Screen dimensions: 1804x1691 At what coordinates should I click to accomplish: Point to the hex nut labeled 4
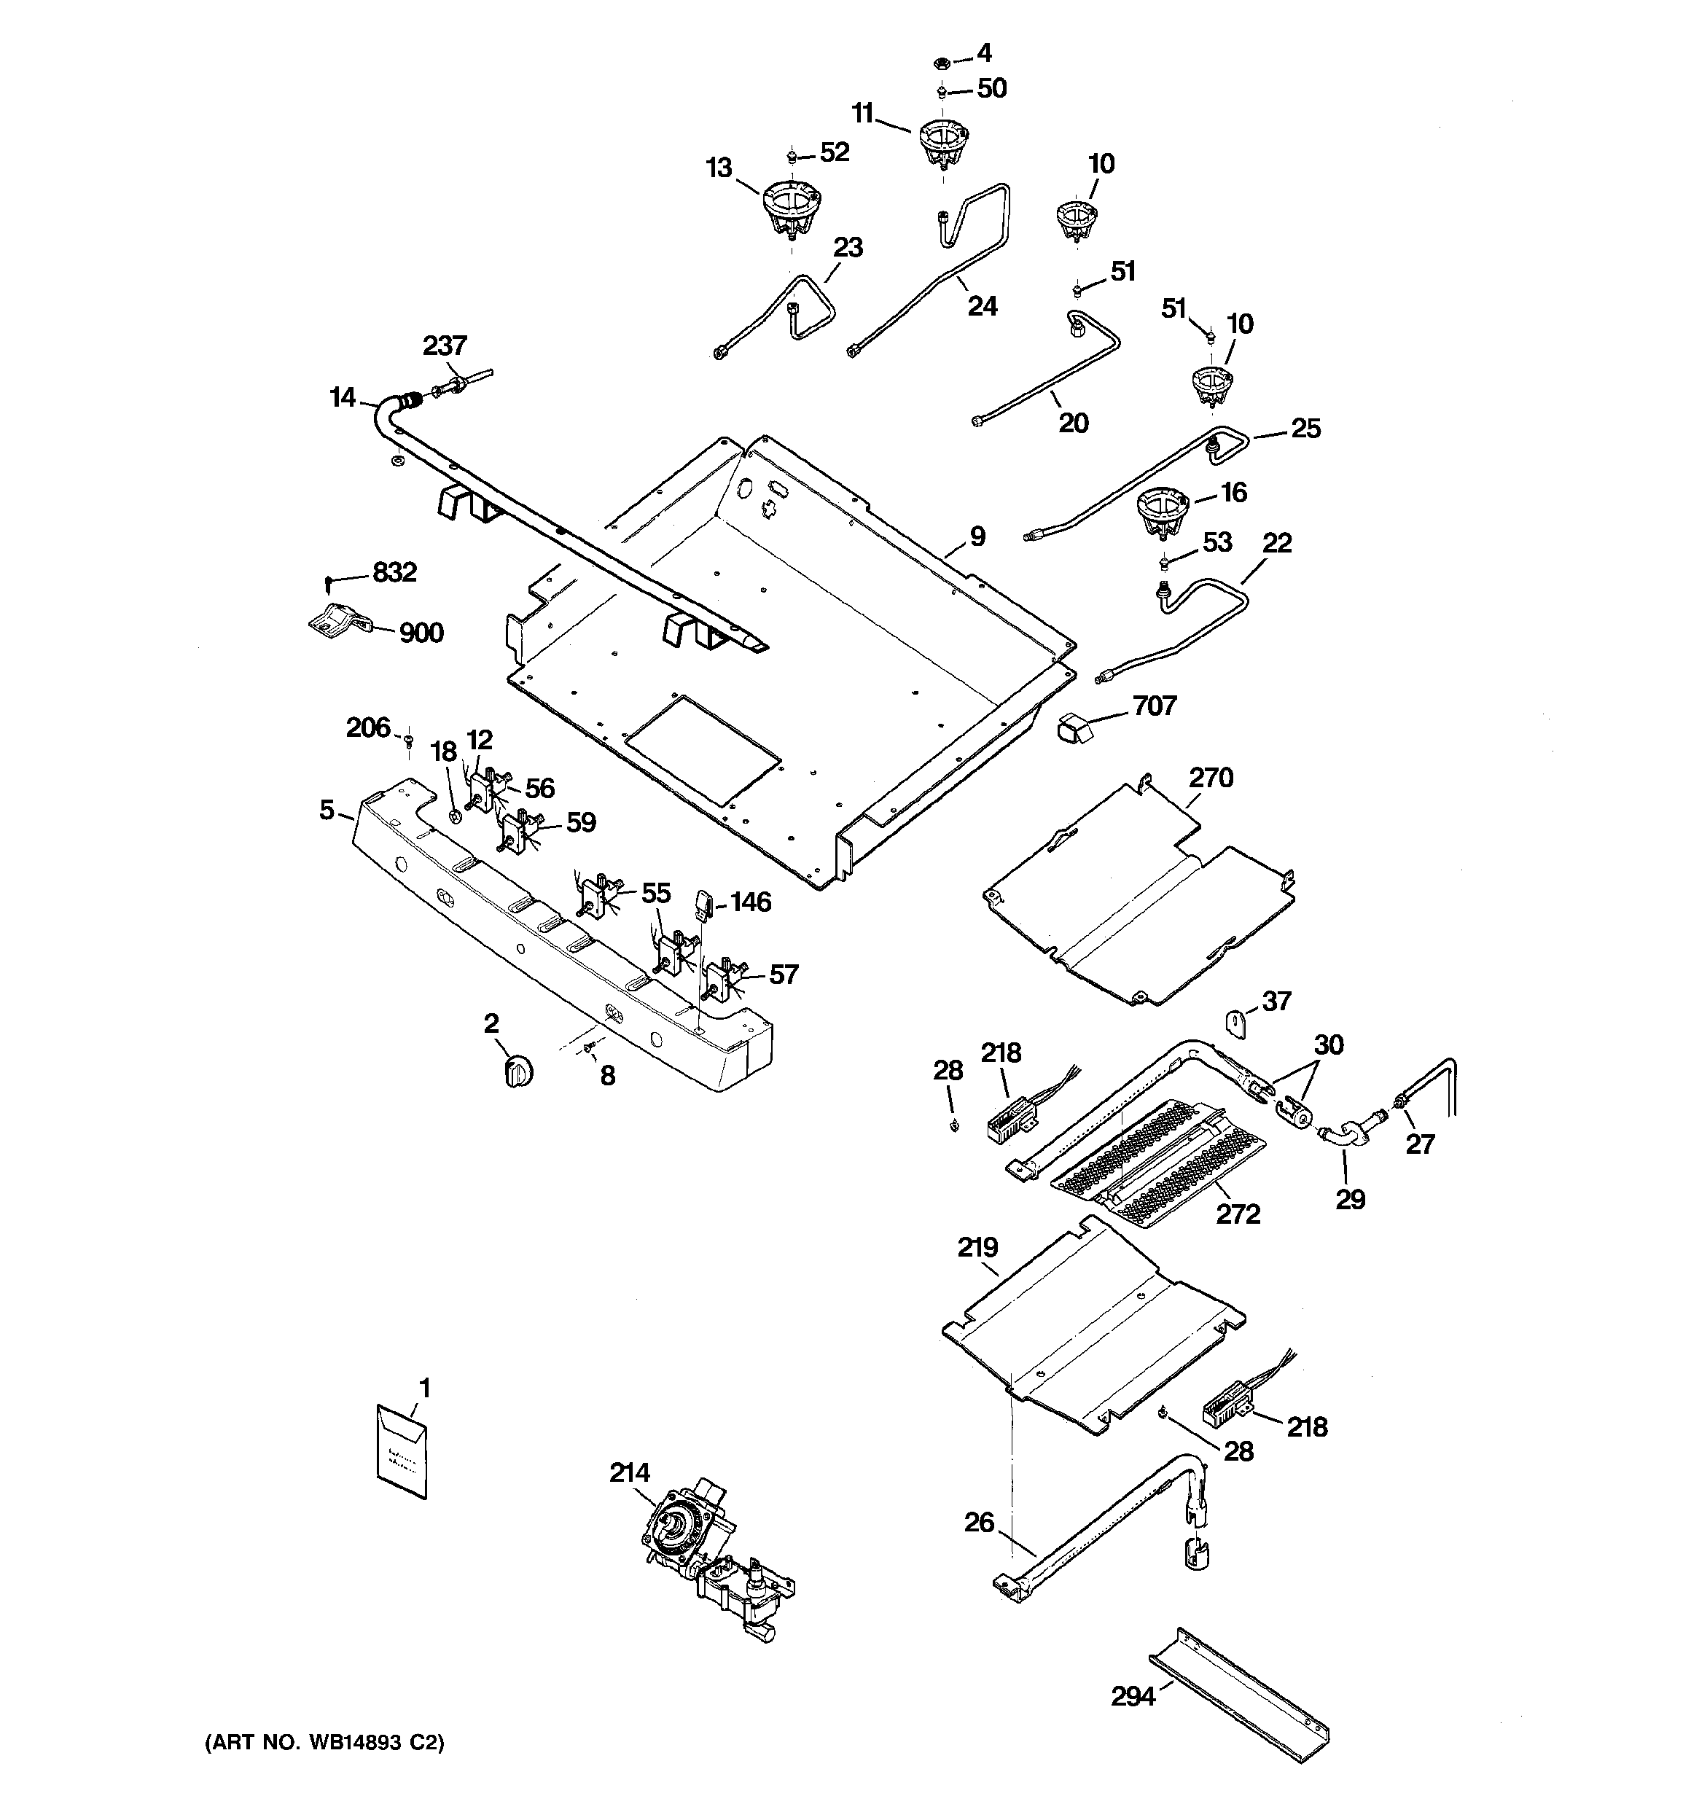(942, 63)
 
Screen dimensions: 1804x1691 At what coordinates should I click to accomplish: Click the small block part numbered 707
(1073, 727)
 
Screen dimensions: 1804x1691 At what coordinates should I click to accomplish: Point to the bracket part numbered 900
(338, 622)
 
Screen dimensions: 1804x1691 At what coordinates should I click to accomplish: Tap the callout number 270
(1211, 778)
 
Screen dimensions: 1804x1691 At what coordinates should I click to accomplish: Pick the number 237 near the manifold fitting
(445, 345)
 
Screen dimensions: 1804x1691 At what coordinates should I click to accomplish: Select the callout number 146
(751, 902)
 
